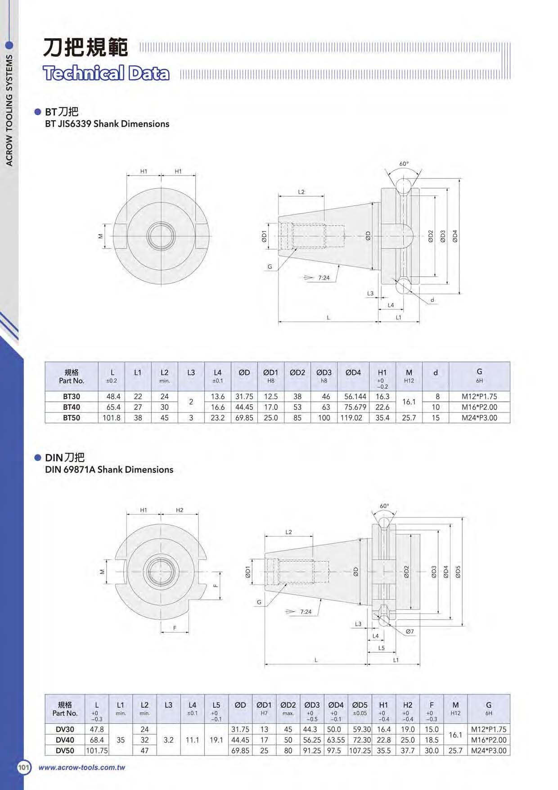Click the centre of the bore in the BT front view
coord(161,236)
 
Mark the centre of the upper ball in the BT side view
coord(404,186)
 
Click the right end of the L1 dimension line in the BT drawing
coord(419,322)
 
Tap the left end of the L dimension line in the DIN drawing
coord(265,664)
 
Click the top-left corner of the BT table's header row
coord(45,362)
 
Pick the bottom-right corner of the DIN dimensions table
coord(510,755)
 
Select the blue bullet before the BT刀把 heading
coord(38,112)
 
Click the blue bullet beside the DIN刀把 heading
coord(38,458)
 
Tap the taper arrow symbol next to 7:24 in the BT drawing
coord(309,278)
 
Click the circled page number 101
coord(24,767)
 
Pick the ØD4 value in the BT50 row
coord(351,418)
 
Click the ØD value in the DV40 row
coord(240,740)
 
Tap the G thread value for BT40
coord(480,407)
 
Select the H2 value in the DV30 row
coord(408,729)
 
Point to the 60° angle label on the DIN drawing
coord(384,506)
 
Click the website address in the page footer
coord(81,767)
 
